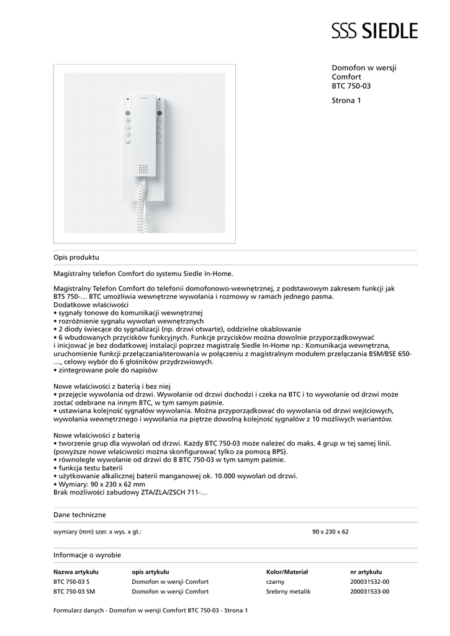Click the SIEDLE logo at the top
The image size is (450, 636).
point(374,30)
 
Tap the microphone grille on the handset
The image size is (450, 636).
point(143,170)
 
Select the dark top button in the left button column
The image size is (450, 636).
point(128,114)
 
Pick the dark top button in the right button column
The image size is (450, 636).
point(159,114)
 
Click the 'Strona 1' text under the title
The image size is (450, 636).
point(346,100)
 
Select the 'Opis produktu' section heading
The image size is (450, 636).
point(76,257)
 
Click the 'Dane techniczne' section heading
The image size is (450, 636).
point(79,515)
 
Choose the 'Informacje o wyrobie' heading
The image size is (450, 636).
point(87,555)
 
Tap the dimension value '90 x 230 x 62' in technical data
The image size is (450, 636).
point(330,532)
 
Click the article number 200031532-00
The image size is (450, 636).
point(369,582)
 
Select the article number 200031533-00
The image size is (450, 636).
point(369,592)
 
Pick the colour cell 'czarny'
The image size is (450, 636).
point(275,582)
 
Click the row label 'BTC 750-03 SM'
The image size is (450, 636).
point(74,592)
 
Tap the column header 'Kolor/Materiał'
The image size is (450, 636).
point(287,572)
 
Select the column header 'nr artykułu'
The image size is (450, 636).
point(366,572)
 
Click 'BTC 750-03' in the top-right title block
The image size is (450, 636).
point(351,86)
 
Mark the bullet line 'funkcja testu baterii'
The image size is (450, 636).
point(89,468)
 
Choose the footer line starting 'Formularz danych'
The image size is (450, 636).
point(150,611)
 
